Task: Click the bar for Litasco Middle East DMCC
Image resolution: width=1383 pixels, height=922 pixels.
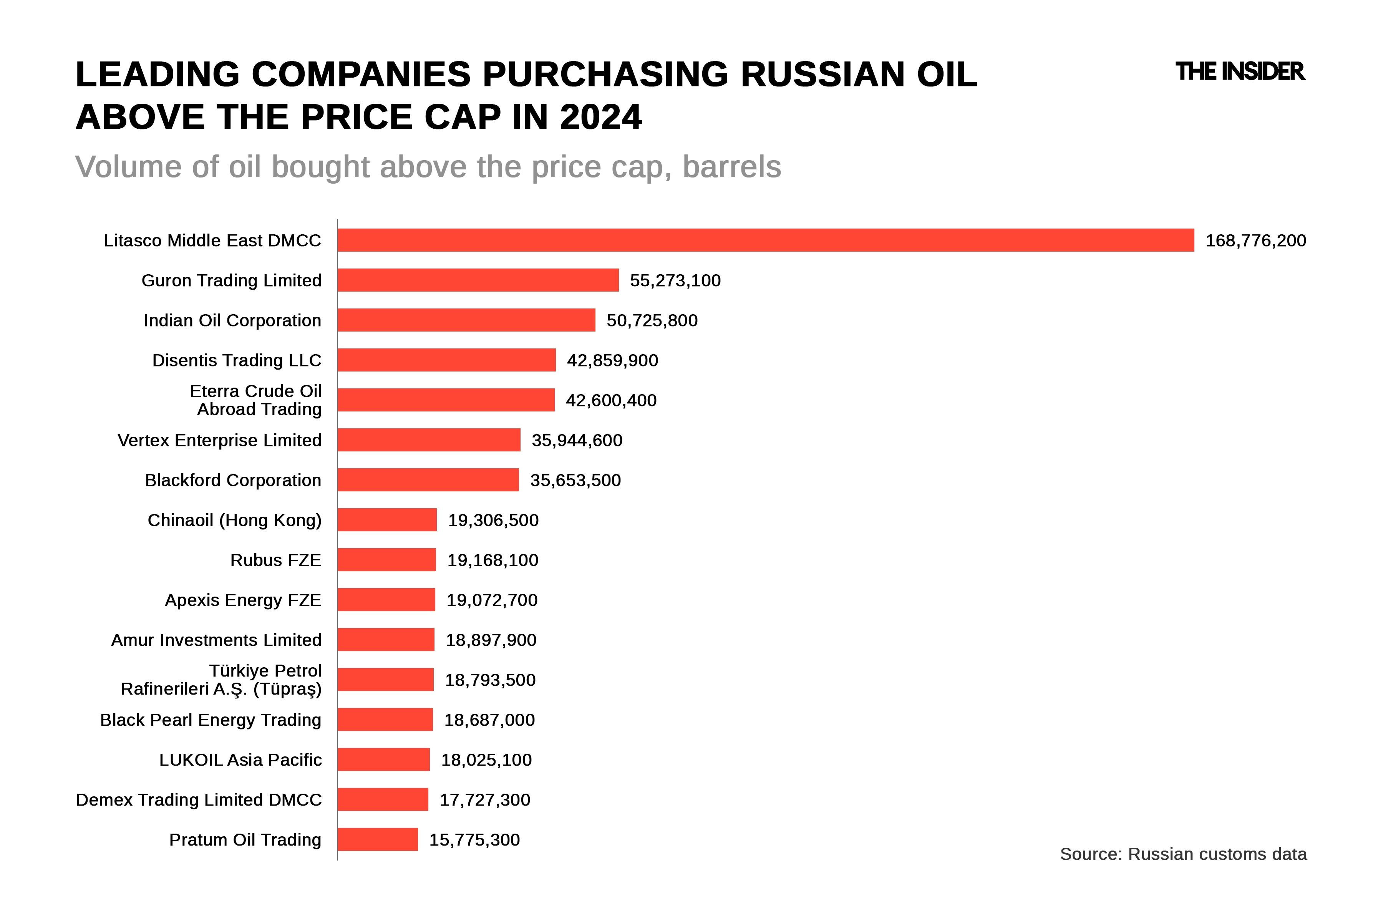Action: (x=766, y=240)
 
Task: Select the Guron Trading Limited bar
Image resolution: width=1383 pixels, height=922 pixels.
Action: (x=478, y=280)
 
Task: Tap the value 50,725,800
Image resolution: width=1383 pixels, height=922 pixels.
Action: (x=652, y=320)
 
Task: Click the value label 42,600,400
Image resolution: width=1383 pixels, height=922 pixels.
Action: (x=611, y=400)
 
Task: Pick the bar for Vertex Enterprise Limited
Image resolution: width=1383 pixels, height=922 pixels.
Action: (x=429, y=440)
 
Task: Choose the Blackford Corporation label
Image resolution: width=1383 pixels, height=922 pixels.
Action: (x=233, y=480)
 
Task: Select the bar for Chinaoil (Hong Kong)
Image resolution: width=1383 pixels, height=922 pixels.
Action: (x=387, y=520)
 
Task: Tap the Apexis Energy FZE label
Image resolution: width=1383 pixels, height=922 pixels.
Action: (x=243, y=600)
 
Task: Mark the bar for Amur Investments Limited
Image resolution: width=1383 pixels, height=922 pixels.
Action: (x=386, y=640)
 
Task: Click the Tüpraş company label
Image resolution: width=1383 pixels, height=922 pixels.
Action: (x=221, y=680)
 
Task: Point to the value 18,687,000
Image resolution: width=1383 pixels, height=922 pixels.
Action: (x=489, y=720)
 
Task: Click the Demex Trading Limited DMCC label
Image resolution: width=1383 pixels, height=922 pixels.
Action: (x=199, y=800)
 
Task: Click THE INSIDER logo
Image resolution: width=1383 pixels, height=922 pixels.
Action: (x=1240, y=72)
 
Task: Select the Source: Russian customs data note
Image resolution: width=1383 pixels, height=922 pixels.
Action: (x=1183, y=854)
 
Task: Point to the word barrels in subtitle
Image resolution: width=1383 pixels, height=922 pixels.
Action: (x=731, y=167)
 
